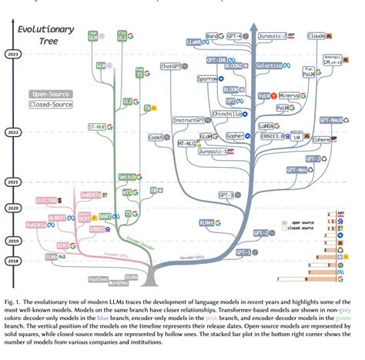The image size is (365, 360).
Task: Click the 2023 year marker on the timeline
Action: [x=13, y=55]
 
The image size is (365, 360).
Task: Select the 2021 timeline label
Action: [x=13, y=182]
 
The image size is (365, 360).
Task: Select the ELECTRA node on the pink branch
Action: [x=47, y=201]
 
